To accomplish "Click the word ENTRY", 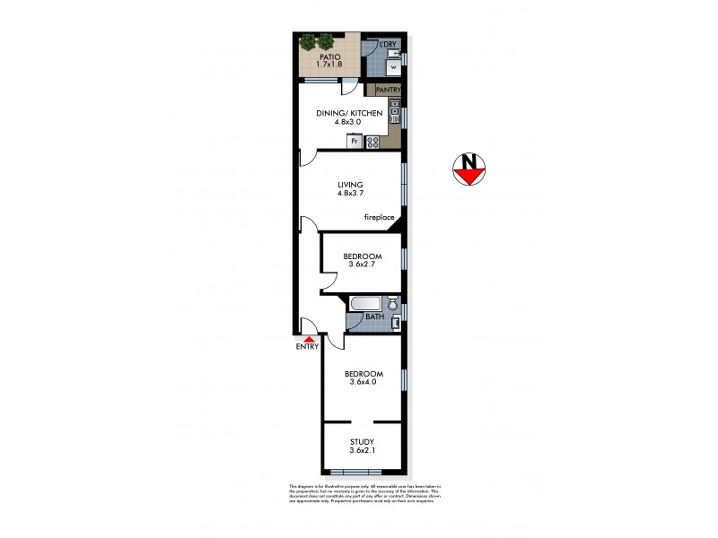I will coord(306,347).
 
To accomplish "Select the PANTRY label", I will coord(388,91).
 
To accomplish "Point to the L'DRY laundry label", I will coord(389,44).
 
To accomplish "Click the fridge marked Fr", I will coord(355,141).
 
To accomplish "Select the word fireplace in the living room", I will coord(379,217).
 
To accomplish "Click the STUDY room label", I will coord(363,441).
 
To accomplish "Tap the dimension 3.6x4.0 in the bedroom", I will coord(363,382).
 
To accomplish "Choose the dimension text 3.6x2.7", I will coord(363,265).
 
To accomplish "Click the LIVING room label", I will coord(350,185).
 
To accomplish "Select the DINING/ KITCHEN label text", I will coord(349,113).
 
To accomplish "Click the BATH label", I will coord(374,317).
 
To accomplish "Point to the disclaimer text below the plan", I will coord(364,495).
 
